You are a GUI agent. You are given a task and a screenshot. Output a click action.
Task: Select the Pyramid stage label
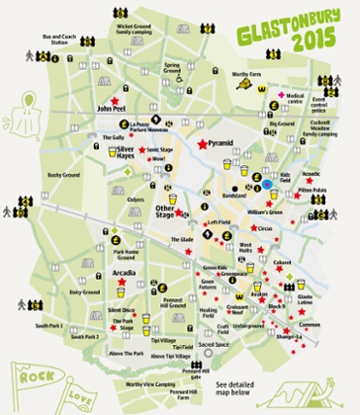pyautogui.click(x=221, y=144)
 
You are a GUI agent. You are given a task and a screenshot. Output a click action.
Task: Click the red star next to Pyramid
pyautogui.click(x=201, y=144)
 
